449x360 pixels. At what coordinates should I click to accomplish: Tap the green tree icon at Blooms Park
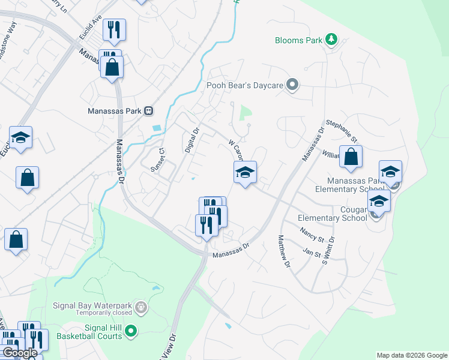click(331, 40)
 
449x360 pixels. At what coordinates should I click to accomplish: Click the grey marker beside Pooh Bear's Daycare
click(292, 85)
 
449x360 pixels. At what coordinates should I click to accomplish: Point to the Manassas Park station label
click(115, 110)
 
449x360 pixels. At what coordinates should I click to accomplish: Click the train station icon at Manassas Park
click(148, 110)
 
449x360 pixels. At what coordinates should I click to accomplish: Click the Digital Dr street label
click(191, 140)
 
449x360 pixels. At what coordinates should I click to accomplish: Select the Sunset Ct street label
click(158, 160)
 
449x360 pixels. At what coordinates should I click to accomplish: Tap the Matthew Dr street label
click(284, 251)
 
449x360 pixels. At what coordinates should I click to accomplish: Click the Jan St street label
click(312, 252)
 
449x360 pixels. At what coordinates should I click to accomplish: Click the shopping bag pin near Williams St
click(351, 158)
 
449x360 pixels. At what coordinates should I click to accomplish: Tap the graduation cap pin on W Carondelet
click(245, 173)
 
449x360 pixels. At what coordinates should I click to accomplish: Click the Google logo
click(19, 353)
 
